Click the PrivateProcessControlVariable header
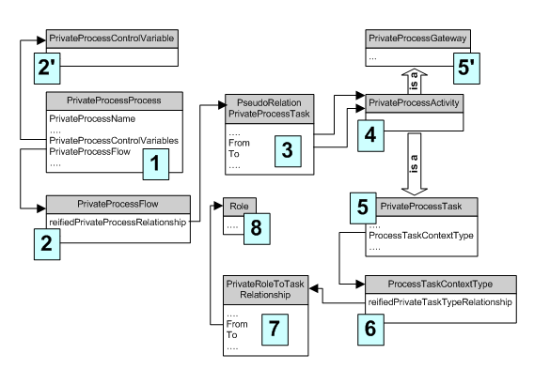click(112, 38)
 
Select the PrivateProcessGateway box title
click(417, 38)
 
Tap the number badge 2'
click(47, 69)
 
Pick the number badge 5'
click(466, 69)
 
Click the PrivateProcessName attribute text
click(92, 118)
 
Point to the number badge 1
click(156, 164)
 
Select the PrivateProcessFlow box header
click(118, 204)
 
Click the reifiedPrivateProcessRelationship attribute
click(118, 223)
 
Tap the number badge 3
click(288, 151)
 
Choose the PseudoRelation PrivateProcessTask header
click(270, 109)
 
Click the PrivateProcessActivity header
click(415, 103)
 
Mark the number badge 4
click(370, 135)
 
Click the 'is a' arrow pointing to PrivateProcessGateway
click(415, 82)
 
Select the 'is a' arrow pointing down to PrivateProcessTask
click(415, 164)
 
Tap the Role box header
click(240, 206)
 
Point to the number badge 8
click(257, 229)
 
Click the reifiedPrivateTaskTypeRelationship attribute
click(440, 302)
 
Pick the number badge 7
click(275, 330)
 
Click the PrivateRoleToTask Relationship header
click(265, 290)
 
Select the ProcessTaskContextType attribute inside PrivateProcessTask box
click(421, 236)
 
